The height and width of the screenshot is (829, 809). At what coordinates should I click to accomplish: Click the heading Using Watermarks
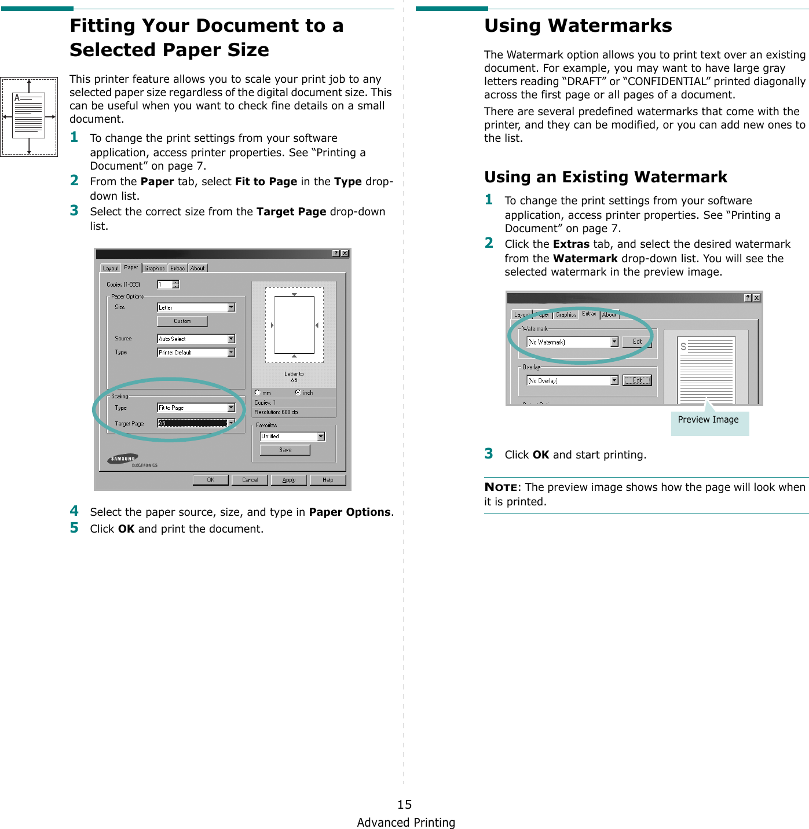(x=577, y=26)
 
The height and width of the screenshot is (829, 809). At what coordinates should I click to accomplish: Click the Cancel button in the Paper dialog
(x=250, y=480)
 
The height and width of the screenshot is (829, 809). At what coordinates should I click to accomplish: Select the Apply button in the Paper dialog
(x=288, y=480)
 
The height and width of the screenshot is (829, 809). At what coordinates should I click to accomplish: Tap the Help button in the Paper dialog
(x=327, y=480)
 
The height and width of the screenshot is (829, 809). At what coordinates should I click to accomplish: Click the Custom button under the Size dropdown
(x=182, y=321)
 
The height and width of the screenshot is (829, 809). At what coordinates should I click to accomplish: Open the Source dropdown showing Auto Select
(x=196, y=339)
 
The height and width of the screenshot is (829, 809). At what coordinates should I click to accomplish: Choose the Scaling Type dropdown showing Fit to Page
(x=196, y=408)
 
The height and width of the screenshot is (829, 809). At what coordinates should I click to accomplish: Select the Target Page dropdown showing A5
(x=196, y=423)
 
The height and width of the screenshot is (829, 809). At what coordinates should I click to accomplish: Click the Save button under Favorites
(x=285, y=450)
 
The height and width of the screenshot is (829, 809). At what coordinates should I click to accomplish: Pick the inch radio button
(x=298, y=393)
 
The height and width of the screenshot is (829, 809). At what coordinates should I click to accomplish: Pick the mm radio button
(x=258, y=393)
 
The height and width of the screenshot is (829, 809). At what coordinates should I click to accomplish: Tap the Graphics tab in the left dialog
(x=155, y=268)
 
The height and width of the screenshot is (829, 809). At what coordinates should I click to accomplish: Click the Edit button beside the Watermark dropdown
(x=637, y=342)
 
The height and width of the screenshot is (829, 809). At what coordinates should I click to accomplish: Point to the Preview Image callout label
(x=708, y=420)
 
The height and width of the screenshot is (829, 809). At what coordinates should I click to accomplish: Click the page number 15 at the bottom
(x=404, y=804)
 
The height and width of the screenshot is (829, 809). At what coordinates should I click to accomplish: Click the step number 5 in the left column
(x=74, y=528)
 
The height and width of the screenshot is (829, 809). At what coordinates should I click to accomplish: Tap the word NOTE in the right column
(x=500, y=487)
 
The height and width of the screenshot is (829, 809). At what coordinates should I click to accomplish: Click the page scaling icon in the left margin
(x=29, y=117)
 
